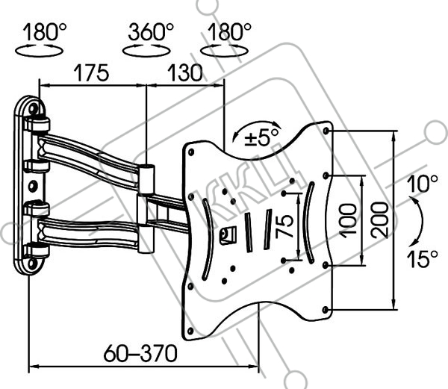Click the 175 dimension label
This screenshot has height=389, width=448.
click(x=91, y=72)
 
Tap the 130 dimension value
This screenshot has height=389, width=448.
click(x=185, y=72)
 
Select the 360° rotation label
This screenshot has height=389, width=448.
click(x=151, y=31)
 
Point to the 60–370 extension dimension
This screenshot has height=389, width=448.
click(x=140, y=353)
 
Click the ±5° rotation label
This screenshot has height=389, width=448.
click(x=261, y=138)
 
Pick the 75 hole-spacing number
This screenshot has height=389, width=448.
click(x=284, y=226)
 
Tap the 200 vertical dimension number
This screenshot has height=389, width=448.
click(x=380, y=220)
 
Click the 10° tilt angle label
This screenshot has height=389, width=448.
click(x=423, y=184)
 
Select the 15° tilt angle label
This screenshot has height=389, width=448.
click(x=423, y=259)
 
